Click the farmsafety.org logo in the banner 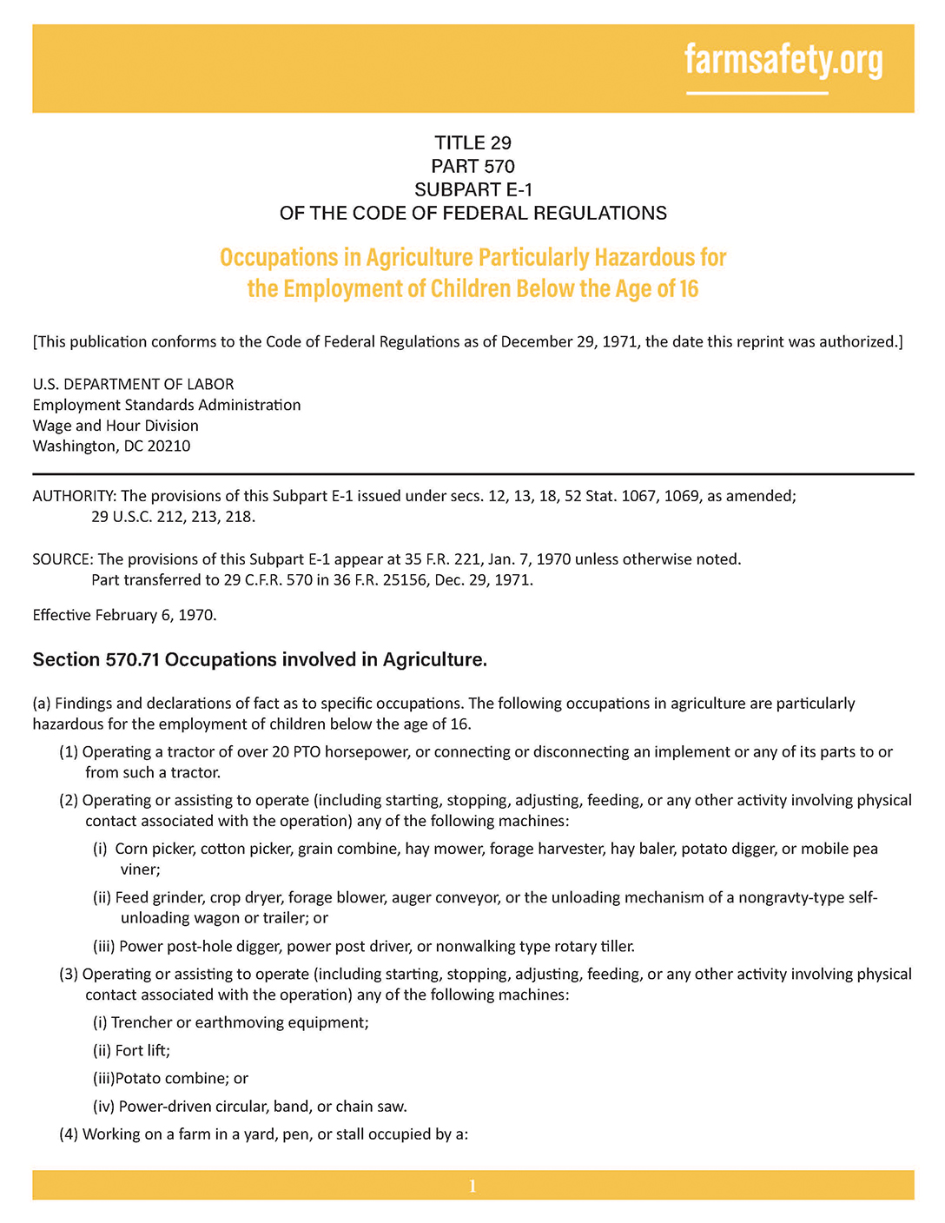click(783, 62)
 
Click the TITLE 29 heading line click(472, 143)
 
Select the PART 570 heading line click(472, 166)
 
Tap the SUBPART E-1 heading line click(472, 189)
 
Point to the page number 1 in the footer click(472, 1186)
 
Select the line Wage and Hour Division click(116, 426)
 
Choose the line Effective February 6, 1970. click(124, 616)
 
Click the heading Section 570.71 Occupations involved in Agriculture click(260, 660)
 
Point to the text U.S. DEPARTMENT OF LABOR click(133, 384)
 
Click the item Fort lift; click(142, 1051)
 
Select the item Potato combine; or click(182, 1079)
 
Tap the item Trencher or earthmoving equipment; click(240, 1023)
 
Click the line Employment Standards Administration click(167, 405)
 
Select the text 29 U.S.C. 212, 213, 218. click(173, 517)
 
